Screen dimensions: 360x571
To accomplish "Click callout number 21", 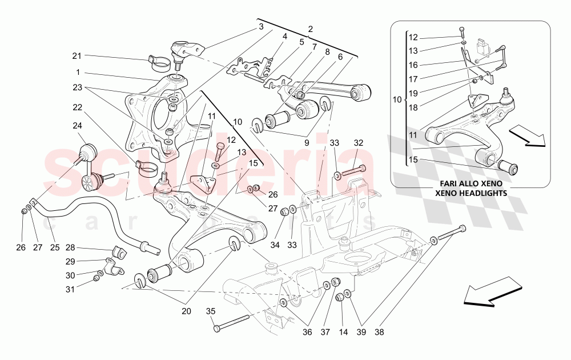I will point(77,55).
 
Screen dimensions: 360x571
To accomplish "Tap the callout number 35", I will point(211,311).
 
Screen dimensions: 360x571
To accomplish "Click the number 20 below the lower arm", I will point(186,311).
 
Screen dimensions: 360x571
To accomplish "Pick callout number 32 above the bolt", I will point(358,143).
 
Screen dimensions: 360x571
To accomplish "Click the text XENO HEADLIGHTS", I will point(471,194).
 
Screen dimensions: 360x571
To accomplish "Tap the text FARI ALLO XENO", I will point(471,185).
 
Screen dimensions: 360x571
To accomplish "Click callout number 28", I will point(70,247).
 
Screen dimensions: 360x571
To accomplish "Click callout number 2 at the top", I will point(311,29).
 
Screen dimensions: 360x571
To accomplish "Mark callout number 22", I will point(77,107).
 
